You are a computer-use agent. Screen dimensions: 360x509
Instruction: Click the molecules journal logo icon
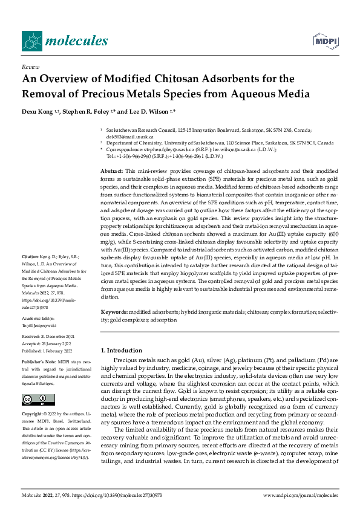pos(32,41)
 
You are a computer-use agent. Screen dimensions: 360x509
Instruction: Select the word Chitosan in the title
pos(172,79)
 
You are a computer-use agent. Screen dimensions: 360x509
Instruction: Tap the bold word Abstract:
pos(112,172)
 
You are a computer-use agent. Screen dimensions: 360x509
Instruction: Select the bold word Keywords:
pos(114,311)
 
